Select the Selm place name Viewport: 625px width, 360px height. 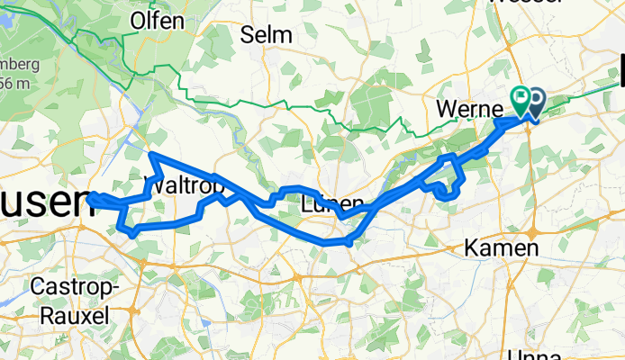point(267,35)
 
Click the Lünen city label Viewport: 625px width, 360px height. point(332,202)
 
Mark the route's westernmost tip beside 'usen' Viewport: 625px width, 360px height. point(91,196)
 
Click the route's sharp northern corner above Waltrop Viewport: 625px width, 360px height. point(150,156)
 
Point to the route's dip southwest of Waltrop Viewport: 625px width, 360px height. point(133,233)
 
